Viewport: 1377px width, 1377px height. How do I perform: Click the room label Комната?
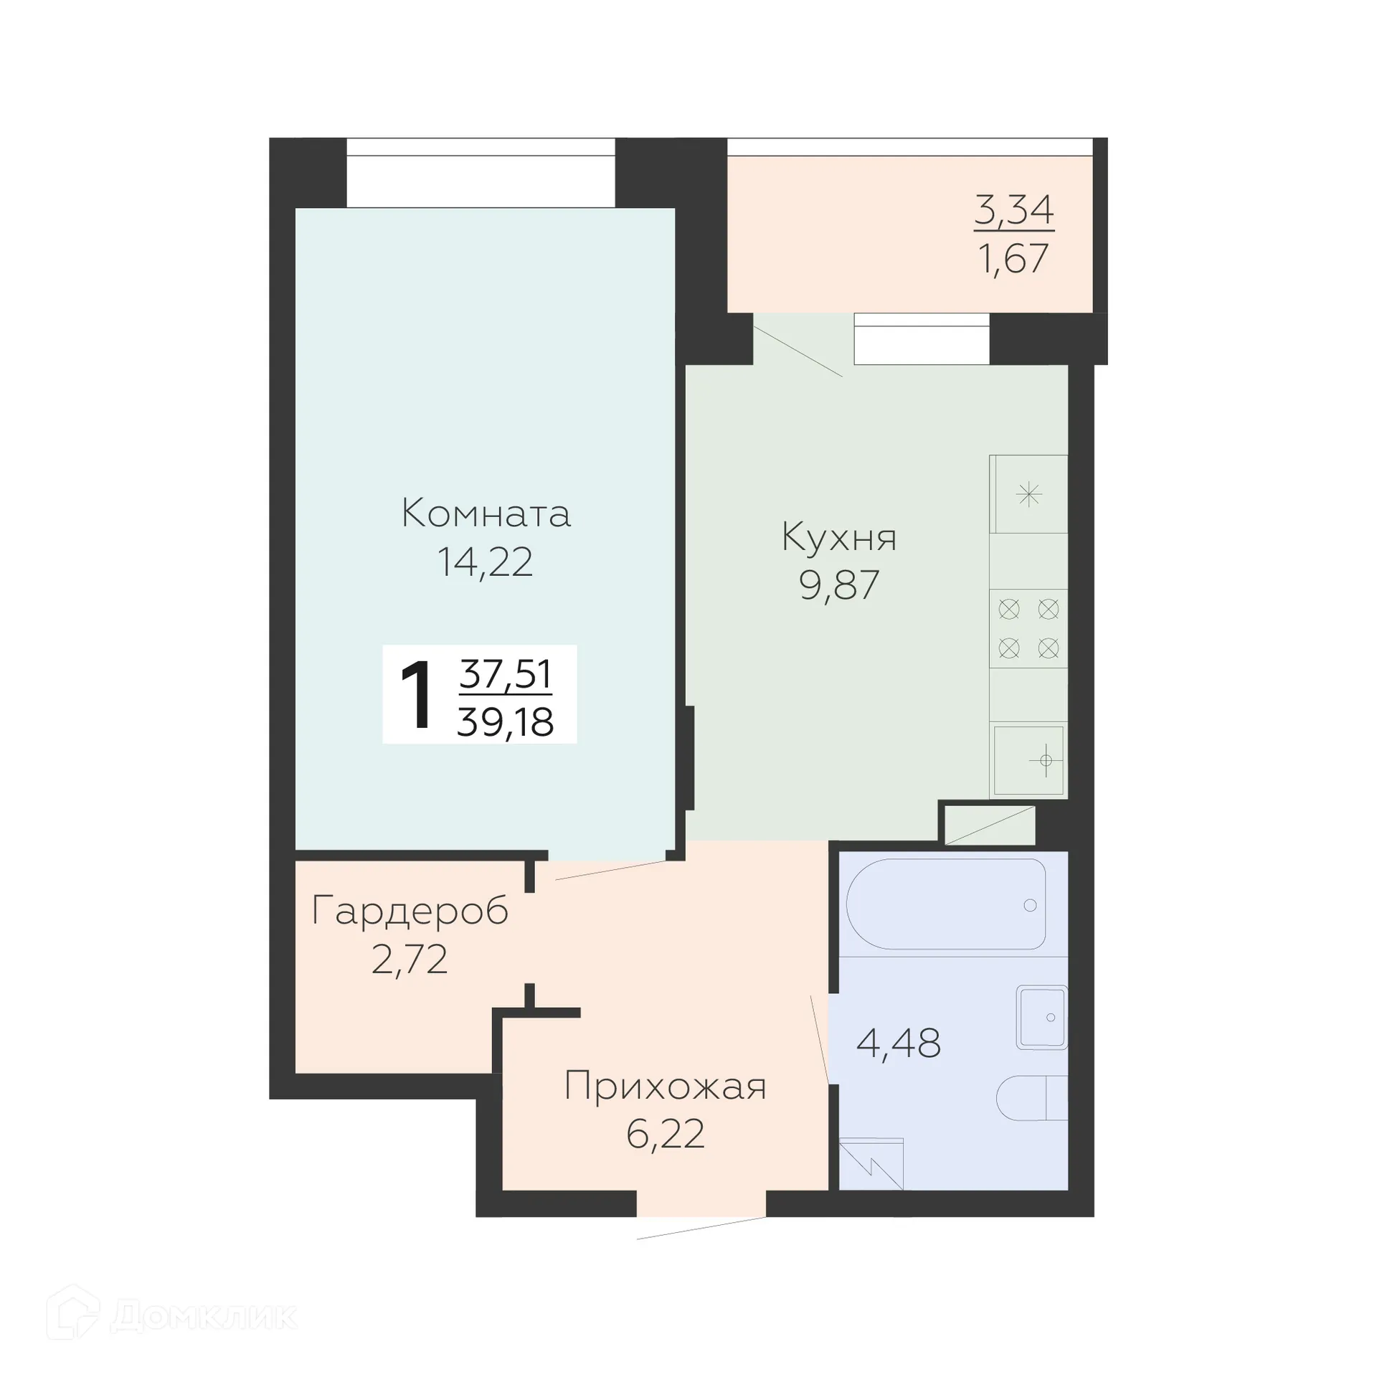coord(486,514)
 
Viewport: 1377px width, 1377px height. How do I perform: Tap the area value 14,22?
coord(485,562)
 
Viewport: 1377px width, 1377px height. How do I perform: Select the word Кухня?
coord(838,537)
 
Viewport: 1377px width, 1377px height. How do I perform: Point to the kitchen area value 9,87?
coord(838,585)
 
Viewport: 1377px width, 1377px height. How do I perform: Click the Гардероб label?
coord(410,912)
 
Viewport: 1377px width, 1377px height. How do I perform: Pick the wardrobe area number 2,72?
coord(410,960)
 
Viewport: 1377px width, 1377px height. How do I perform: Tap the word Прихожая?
coord(665,1086)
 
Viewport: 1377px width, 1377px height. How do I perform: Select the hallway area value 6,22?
coord(665,1134)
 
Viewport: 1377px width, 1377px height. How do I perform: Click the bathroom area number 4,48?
coord(898,1043)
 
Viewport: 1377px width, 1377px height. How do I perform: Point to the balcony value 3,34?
coord(1013,209)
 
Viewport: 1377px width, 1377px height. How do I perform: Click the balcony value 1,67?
coord(1013,258)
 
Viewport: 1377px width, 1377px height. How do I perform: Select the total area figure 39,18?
coord(506,721)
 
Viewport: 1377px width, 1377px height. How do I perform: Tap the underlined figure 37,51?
coord(506,674)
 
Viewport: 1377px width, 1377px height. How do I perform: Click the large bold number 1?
coord(417,696)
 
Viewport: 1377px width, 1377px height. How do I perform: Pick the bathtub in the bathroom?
coord(945,904)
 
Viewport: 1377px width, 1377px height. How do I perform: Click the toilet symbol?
coord(1031,1098)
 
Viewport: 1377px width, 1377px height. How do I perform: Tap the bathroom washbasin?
coord(1041,1018)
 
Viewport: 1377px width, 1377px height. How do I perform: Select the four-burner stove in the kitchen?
coord(1028,629)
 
